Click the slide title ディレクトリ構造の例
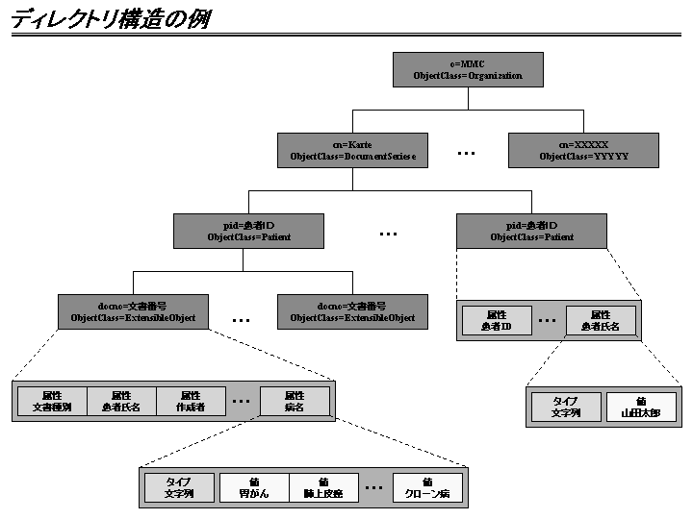(x=110, y=19)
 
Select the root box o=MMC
(x=468, y=69)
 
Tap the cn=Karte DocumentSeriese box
(x=352, y=150)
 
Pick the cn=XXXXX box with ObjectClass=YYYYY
(x=583, y=150)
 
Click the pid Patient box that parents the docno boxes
(x=248, y=231)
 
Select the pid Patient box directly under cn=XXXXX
(x=531, y=231)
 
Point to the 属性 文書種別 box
(x=52, y=401)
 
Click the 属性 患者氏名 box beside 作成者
(x=121, y=401)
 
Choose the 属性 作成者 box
(x=190, y=401)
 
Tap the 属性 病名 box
(x=294, y=401)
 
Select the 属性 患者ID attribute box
(x=497, y=320)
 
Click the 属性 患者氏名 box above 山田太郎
(x=601, y=320)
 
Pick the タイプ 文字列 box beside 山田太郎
(x=565, y=408)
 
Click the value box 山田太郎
(x=640, y=408)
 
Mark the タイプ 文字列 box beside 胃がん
(x=178, y=487)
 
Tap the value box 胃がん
(x=254, y=487)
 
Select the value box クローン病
(x=427, y=487)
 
